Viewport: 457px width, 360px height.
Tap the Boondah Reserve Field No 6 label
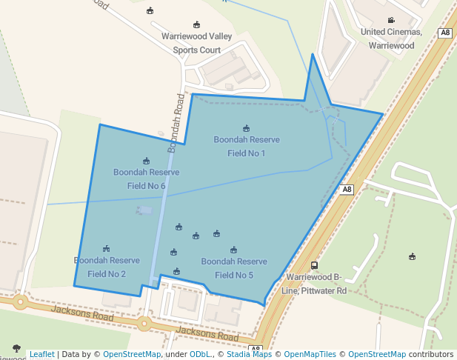[x=146, y=179]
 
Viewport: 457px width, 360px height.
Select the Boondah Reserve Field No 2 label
[x=107, y=267]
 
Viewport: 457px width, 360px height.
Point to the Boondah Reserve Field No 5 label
[x=234, y=268]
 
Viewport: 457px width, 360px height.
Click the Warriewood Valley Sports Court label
[x=196, y=43]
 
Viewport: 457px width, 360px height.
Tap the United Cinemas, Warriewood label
[x=391, y=39]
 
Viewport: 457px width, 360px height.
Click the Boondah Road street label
[x=176, y=122]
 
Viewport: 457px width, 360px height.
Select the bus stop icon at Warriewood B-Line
[x=315, y=265]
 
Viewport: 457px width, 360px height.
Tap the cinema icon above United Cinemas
[x=391, y=20]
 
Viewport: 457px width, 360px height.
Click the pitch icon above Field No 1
[x=247, y=128]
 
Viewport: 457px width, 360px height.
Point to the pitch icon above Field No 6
[x=146, y=161]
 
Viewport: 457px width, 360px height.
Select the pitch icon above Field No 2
[x=107, y=249]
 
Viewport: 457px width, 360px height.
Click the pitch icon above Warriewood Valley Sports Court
[x=196, y=24]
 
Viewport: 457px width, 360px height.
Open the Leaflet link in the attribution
[x=42, y=354]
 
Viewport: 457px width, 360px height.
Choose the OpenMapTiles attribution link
[x=310, y=354]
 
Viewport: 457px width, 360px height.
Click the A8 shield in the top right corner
[x=445, y=33]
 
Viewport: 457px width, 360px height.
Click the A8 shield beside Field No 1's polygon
[x=347, y=190]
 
